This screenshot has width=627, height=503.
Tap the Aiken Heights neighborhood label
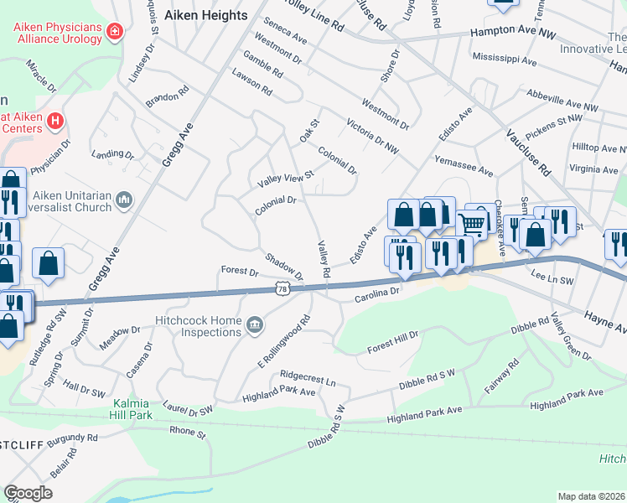pyautogui.click(x=206, y=15)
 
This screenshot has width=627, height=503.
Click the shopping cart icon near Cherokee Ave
pyautogui.click(x=472, y=224)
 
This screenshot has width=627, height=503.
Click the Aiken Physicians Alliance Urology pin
pyautogui.click(x=113, y=32)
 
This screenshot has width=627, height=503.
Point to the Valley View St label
pyautogui.click(x=285, y=179)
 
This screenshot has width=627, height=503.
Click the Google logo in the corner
pyautogui.click(x=28, y=492)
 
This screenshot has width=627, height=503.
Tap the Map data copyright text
pyautogui.click(x=591, y=496)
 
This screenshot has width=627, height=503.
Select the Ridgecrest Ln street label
pyautogui.click(x=308, y=378)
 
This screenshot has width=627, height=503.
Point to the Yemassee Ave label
pyautogui.click(x=464, y=164)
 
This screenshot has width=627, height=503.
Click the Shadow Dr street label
pyautogui.click(x=283, y=267)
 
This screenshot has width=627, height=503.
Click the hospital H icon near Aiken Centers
pyautogui.click(x=55, y=122)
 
